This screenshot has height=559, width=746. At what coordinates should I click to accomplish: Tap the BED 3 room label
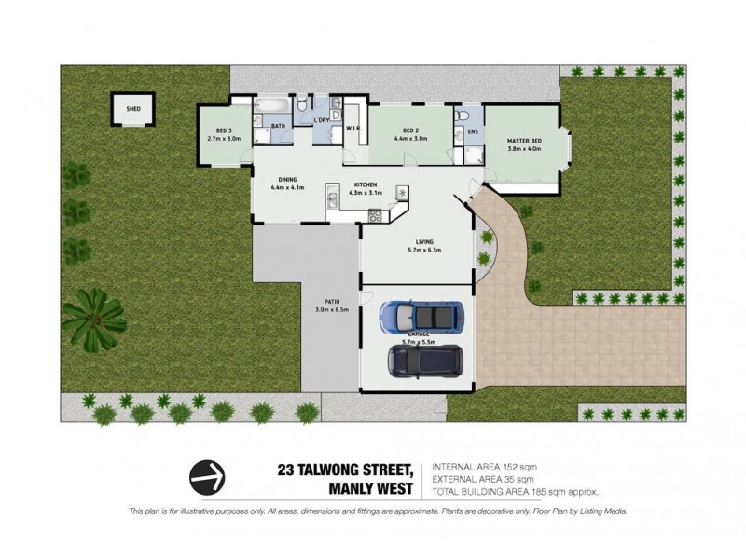pos(224,130)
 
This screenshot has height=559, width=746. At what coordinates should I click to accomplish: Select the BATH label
pos(278,125)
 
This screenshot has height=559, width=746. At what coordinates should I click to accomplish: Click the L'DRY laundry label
pos(322,121)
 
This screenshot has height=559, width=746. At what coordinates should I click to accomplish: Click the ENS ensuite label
pos(473,131)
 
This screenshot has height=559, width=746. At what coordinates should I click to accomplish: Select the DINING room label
pos(287,180)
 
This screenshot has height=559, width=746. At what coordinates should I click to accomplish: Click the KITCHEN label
pos(365,185)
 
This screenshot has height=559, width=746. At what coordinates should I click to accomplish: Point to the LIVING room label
pos(424,243)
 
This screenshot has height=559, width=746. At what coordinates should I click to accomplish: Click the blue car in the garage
pos(421,318)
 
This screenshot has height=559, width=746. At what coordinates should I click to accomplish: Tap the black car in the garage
pos(424,361)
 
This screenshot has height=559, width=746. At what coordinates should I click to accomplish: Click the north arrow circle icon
pos(208,477)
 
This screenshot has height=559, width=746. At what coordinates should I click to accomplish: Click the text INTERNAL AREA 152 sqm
pos(484,467)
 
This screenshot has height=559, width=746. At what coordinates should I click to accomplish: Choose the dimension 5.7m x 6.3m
pos(424,251)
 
